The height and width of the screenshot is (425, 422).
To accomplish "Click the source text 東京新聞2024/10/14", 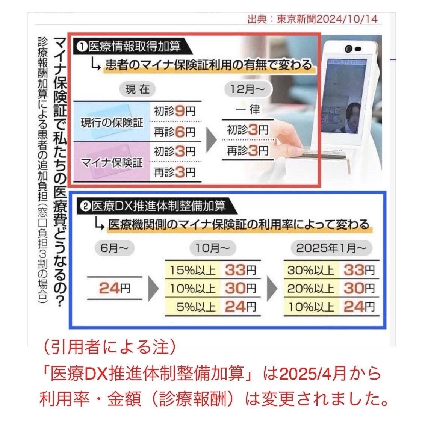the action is click(327, 19).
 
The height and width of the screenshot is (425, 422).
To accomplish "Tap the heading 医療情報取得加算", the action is click(134, 47).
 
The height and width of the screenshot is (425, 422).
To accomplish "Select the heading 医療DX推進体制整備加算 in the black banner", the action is click(158, 206).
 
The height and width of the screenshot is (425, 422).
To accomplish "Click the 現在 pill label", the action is click(138, 89).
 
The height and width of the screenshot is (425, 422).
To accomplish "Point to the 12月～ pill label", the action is click(248, 89).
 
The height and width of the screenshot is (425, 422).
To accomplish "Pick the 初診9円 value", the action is click(174, 111).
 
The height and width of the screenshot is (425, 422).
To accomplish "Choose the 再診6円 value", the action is click(174, 132).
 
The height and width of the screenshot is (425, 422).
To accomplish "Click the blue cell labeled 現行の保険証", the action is click(112, 121).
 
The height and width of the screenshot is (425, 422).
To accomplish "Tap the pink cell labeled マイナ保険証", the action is click(112, 162).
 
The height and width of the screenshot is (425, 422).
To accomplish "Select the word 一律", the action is click(248, 110).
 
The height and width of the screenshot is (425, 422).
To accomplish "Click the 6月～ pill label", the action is click(114, 248).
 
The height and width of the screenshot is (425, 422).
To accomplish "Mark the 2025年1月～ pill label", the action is click(331, 248).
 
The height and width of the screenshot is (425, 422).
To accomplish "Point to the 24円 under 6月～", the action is click(114, 288).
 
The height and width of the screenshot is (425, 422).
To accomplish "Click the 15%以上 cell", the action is click(192, 270).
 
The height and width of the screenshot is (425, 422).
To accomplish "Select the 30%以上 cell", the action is click(311, 270).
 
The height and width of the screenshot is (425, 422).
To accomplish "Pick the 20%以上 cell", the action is click(311, 289).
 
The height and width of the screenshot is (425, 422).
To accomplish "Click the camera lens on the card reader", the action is click(349, 49).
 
